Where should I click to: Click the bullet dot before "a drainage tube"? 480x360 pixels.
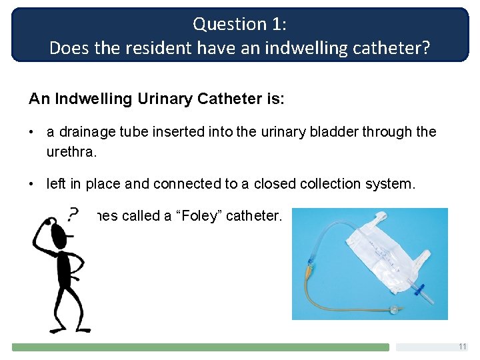pos(32,132)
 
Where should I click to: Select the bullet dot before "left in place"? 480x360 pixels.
pos(32,183)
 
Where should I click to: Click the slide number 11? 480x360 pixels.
pos(462,347)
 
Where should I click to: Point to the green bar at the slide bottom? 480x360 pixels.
pos(200,347)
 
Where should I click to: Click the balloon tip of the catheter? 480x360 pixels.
pos(396,309)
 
